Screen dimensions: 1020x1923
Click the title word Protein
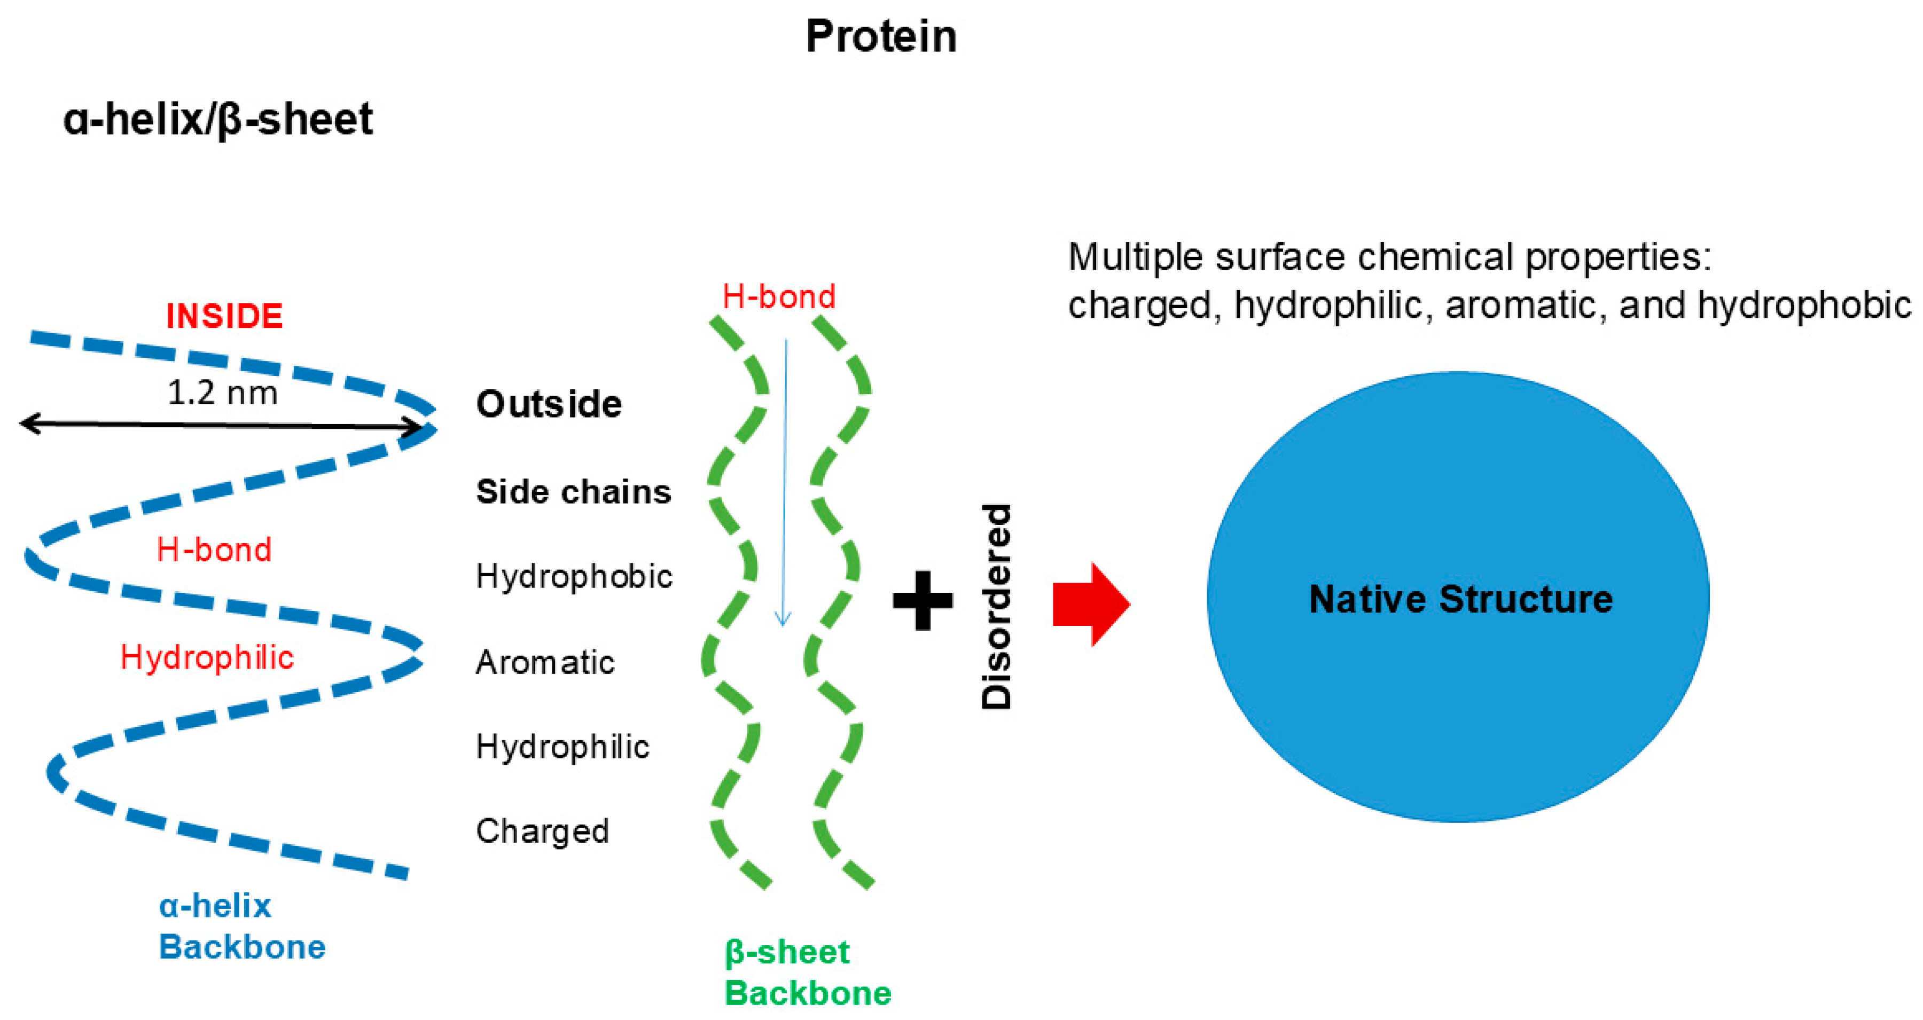[x=881, y=36]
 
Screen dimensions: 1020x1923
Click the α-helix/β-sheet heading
[x=217, y=120]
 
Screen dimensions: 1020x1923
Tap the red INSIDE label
[x=224, y=316]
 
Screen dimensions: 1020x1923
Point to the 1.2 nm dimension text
[x=222, y=393]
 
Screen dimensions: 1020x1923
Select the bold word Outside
[x=549, y=404]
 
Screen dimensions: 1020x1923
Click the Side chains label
[x=573, y=492]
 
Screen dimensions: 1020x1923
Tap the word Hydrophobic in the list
[x=573, y=576]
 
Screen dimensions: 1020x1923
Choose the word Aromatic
[x=545, y=662]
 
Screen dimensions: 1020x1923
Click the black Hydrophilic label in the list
[x=562, y=746]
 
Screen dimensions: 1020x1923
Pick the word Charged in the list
[x=542, y=830]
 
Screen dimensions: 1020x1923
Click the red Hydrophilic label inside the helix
[x=207, y=657]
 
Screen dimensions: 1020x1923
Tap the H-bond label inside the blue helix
[x=214, y=550]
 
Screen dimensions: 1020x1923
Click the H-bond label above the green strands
[x=779, y=296]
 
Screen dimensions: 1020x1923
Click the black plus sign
[x=923, y=600]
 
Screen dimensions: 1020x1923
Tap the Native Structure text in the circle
[x=1460, y=599]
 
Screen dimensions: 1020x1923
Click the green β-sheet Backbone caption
[x=808, y=972]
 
